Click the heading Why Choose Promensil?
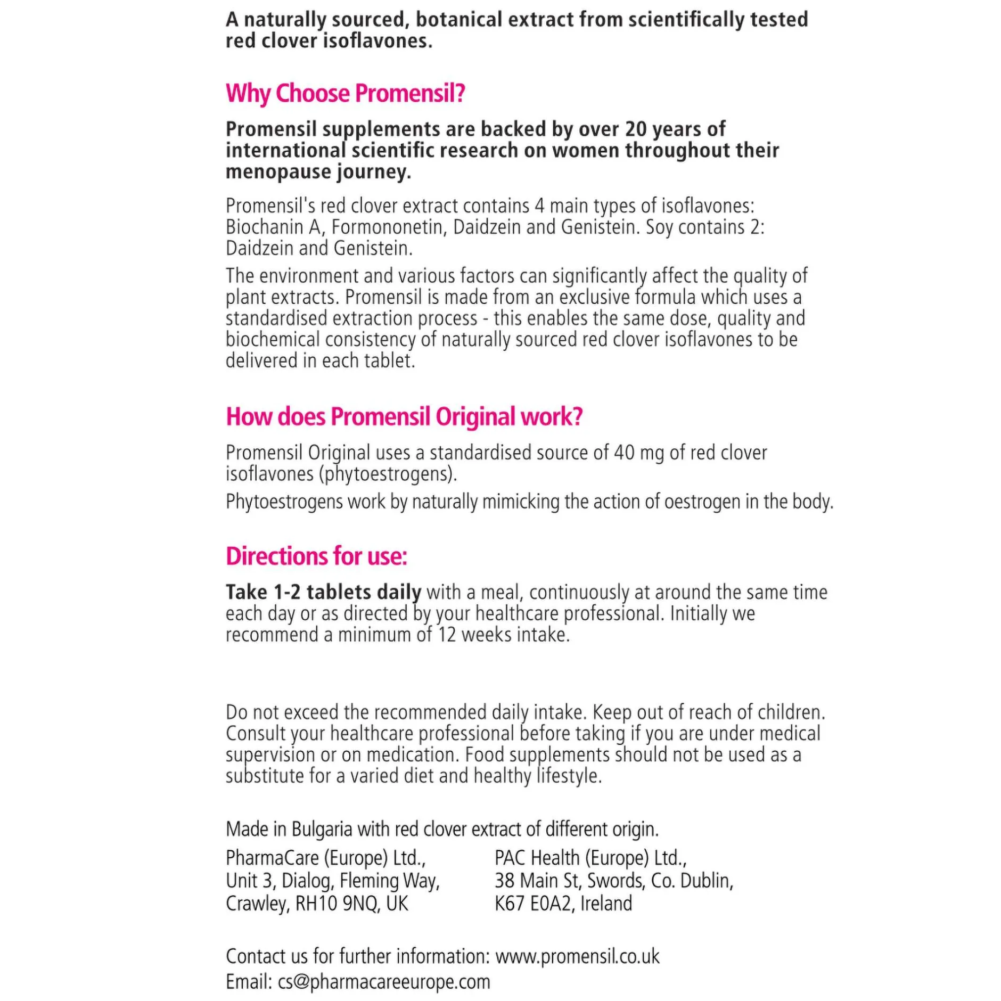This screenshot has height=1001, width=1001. pyautogui.click(x=345, y=94)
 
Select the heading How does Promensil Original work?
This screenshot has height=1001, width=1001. pyautogui.click(x=404, y=417)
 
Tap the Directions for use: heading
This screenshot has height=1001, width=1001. pyautogui.click(x=316, y=556)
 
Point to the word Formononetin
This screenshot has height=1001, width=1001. pyautogui.click(x=388, y=227)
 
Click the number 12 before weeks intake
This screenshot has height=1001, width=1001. pyautogui.click(x=447, y=635)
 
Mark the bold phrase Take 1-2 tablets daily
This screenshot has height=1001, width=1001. pyautogui.click(x=323, y=592)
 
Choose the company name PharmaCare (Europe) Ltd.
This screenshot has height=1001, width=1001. pyautogui.click(x=325, y=858)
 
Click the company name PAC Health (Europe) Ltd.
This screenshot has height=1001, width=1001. pyautogui.click(x=590, y=858)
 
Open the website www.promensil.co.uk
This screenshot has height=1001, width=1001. pyautogui.click(x=577, y=956)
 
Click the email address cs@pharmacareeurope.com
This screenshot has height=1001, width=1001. pyautogui.click(x=384, y=981)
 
